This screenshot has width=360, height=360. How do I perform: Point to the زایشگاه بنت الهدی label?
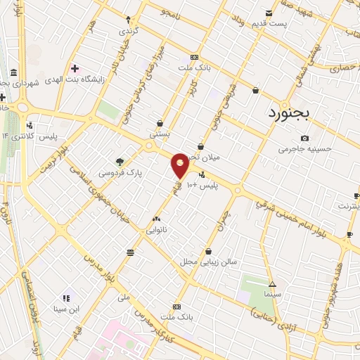(x=75, y=79)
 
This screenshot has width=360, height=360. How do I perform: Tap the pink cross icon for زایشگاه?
(x=75, y=68)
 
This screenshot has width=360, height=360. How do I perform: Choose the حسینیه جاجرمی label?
(x=304, y=149)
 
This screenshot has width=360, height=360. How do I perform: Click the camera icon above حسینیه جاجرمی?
(x=304, y=138)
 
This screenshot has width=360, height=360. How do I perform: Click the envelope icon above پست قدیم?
(x=269, y=13)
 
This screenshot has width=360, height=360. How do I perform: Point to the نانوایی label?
(x=156, y=229)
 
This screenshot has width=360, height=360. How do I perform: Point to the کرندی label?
(x=128, y=32)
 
